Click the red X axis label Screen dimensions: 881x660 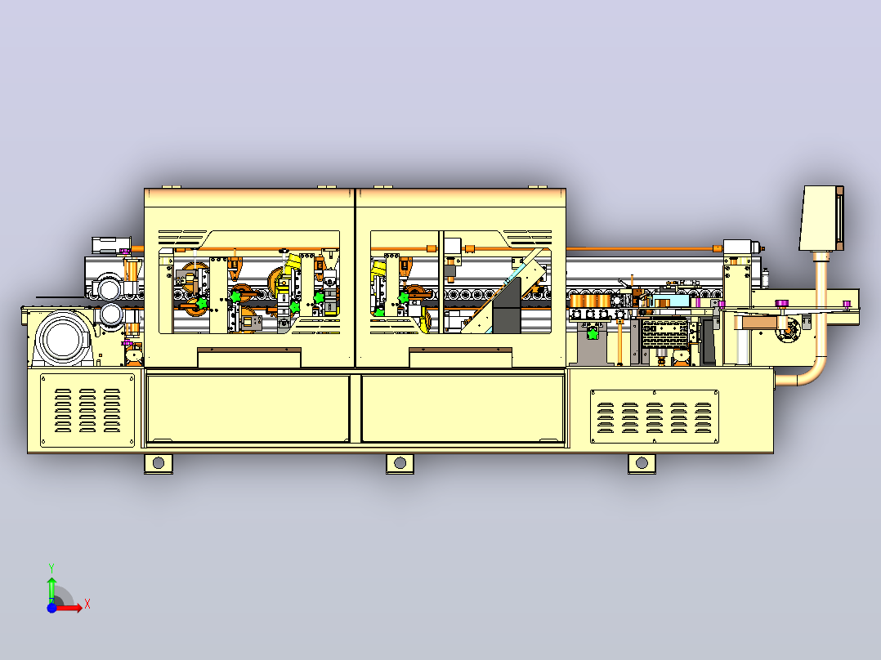[x=87, y=604]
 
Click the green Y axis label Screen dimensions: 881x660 [x=51, y=568]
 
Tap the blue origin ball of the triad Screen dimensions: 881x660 [x=52, y=608]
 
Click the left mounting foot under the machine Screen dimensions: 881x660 [x=159, y=463]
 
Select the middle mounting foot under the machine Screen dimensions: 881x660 [x=400, y=463]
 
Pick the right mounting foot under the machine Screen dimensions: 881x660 [x=642, y=463]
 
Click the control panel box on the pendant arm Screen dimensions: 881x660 [x=821, y=218]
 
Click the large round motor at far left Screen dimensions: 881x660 [x=64, y=338]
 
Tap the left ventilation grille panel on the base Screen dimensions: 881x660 [x=87, y=410]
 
